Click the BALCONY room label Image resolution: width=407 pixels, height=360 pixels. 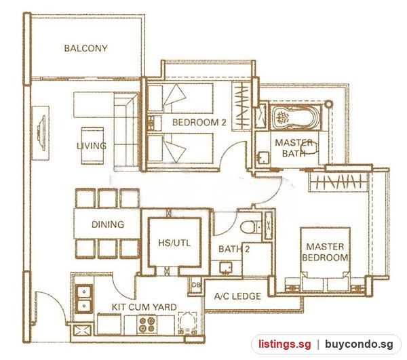[85, 48]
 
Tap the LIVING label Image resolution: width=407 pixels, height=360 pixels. [92, 146]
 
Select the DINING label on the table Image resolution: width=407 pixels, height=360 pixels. [108, 224]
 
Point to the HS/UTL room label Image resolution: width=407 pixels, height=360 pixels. [174, 243]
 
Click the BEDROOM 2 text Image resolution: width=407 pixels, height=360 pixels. [199, 123]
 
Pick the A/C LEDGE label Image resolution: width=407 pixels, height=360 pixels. [237, 296]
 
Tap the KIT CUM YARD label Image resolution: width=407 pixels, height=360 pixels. [144, 307]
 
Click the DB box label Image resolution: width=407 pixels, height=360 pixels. [196, 285]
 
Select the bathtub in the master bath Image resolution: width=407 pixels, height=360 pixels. [295, 117]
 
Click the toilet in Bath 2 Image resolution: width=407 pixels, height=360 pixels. [250, 227]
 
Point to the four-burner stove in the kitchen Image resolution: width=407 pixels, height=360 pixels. [147, 325]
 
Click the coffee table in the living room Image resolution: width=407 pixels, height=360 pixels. [92, 146]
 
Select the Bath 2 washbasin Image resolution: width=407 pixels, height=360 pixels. [226, 268]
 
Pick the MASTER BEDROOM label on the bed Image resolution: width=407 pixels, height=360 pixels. [325, 252]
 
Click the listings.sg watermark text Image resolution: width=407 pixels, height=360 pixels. [284, 344]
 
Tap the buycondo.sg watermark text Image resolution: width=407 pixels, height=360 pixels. [359, 344]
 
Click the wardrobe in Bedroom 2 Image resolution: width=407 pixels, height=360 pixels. [241, 106]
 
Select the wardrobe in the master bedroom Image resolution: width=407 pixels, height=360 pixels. [338, 182]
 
